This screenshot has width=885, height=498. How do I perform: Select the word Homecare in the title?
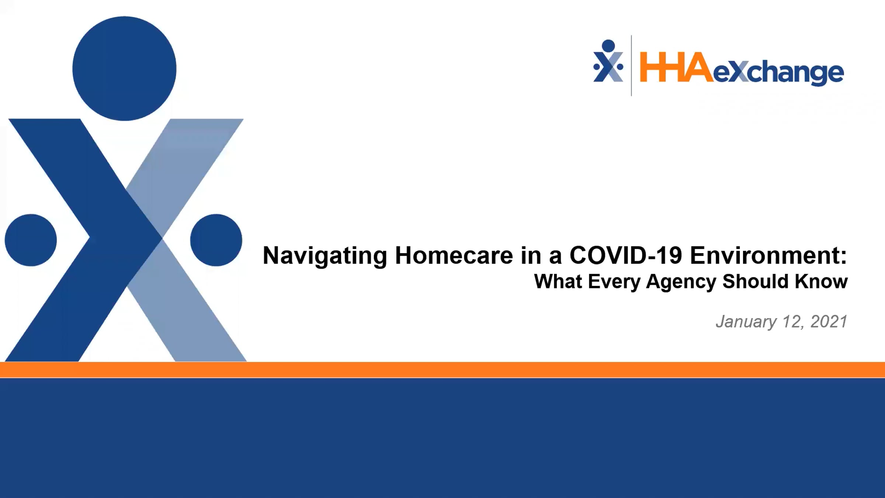point(454,255)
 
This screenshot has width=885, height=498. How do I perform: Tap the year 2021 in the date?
point(829,321)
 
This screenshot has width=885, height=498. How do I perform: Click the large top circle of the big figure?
point(124,68)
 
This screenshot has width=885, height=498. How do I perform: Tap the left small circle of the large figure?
point(31,240)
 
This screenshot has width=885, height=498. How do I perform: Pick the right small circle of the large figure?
point(216,240)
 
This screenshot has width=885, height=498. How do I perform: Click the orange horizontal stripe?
point(442,370)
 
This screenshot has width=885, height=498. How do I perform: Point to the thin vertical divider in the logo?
point(631,66)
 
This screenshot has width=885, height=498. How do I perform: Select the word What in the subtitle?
point(558,281)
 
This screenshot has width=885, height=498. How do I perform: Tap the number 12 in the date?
point(791,322)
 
